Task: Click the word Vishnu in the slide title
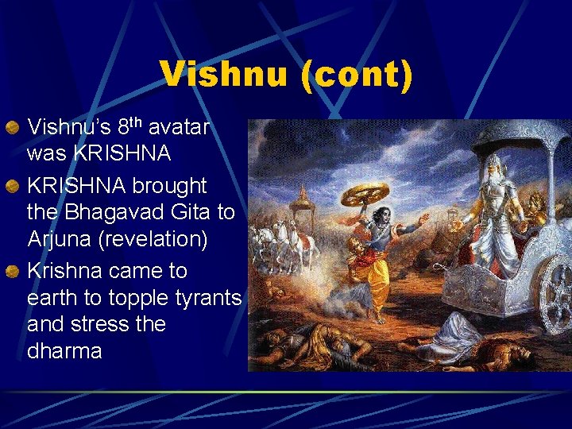click(224, 75)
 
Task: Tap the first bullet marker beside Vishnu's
click(12, 127)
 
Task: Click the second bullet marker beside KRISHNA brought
click(12, 186)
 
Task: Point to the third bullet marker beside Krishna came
click(12, 272)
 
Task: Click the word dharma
click(64, 351)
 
